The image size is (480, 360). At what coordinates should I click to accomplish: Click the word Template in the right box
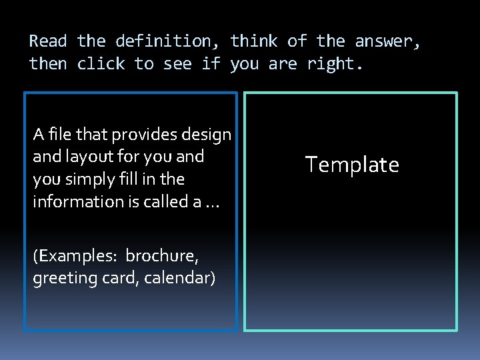tap(352, 165)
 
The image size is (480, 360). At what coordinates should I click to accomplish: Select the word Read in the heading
tap(48, 41)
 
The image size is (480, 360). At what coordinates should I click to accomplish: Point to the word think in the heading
tap(254, 41)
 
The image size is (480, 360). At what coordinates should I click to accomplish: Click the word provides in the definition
tap(138, 135)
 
